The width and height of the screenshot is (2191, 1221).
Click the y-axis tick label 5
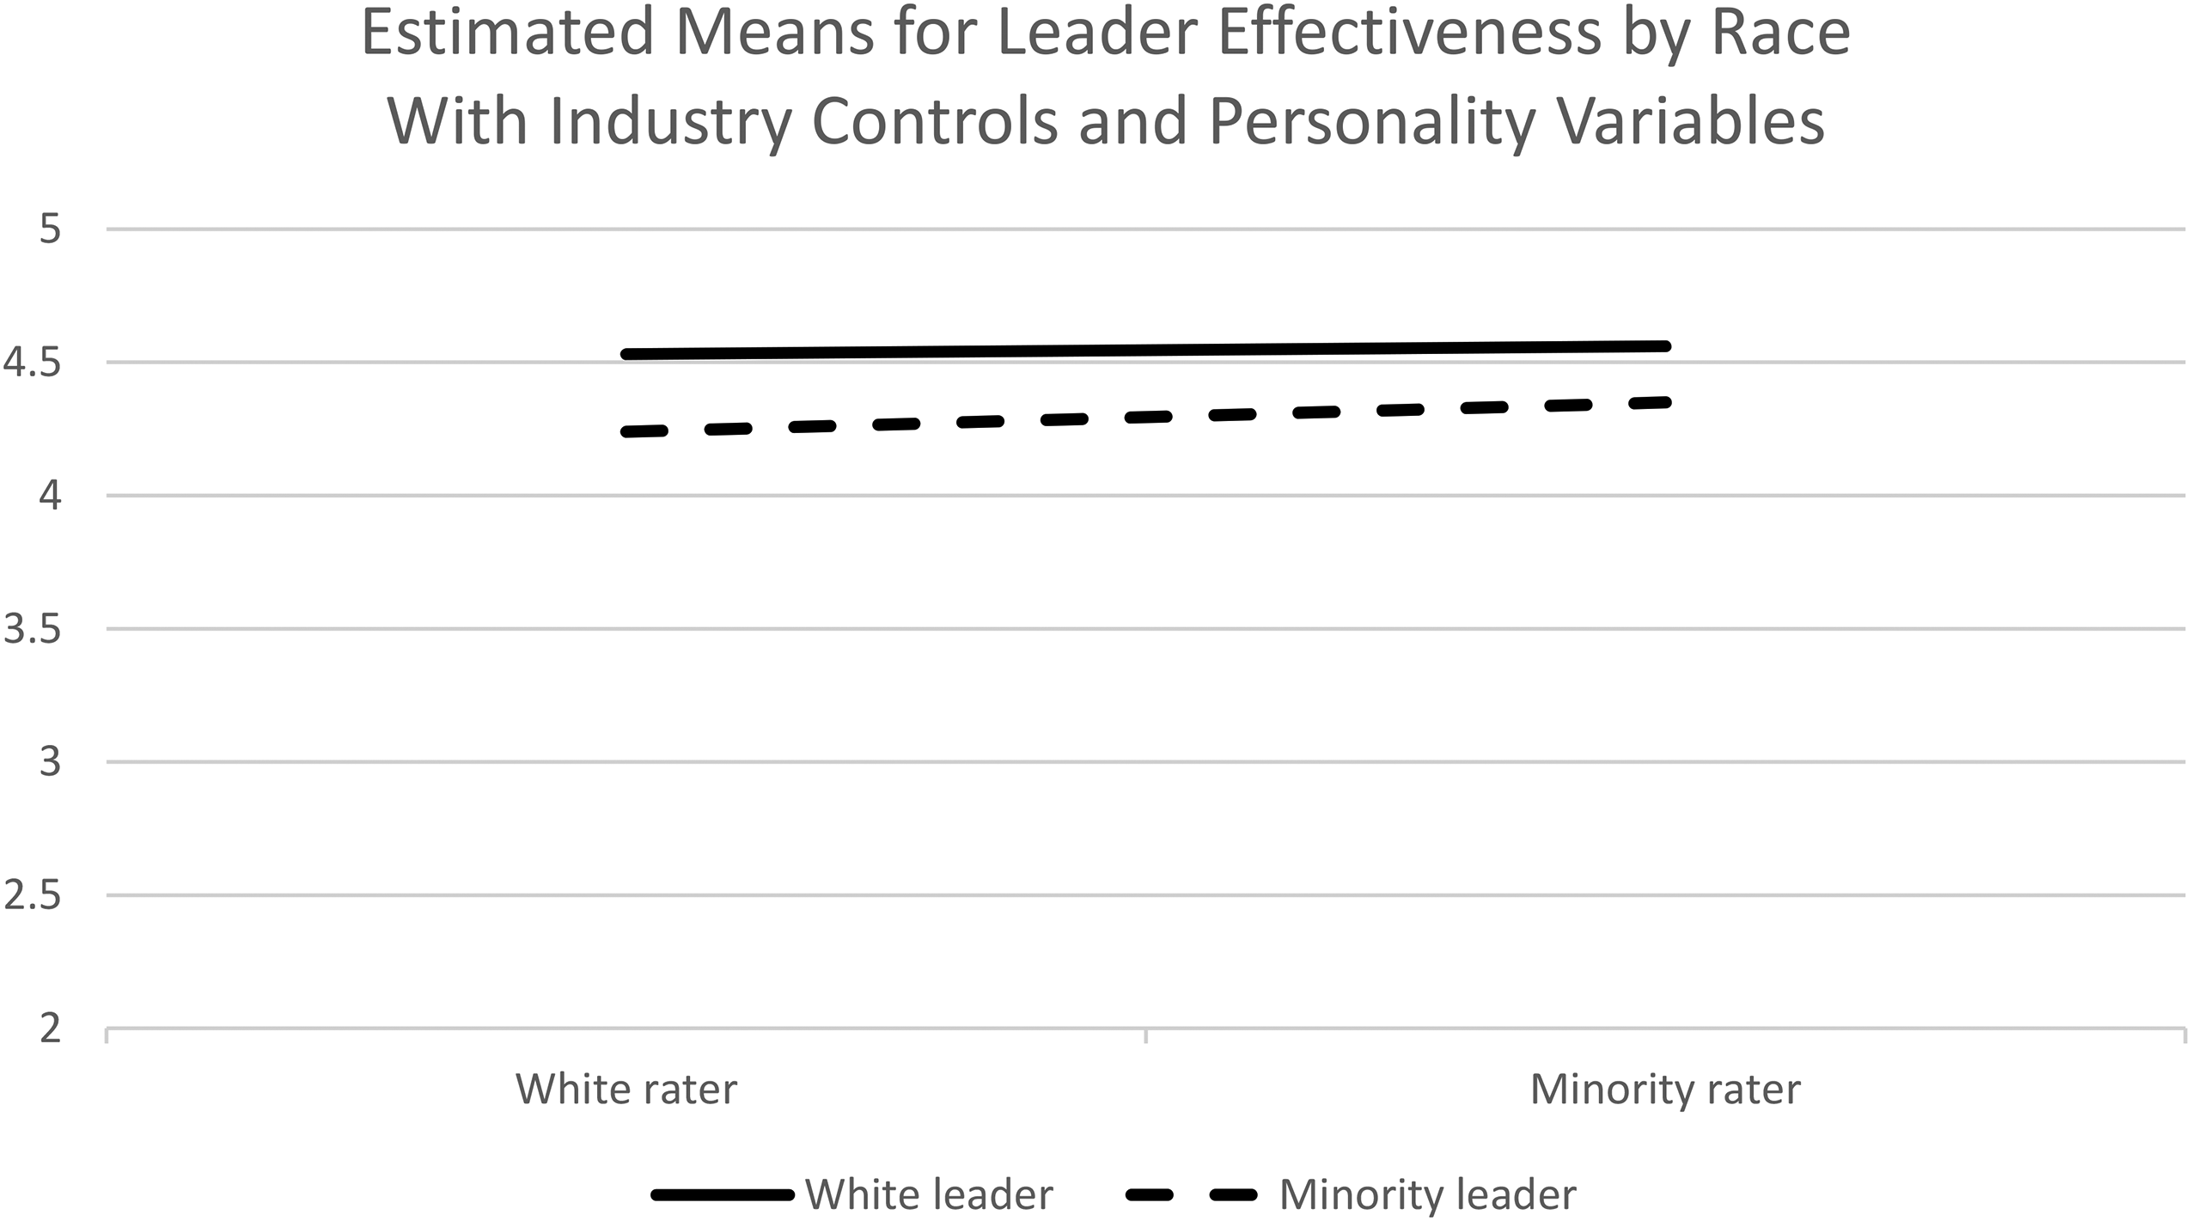coord(50,229)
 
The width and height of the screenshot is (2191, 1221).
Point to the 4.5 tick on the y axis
coord(33,363)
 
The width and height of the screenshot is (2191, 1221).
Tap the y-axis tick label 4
coord(50,497)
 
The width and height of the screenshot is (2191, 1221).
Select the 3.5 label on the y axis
coord(33,630)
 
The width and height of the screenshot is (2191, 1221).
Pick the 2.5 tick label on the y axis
coord(33,896)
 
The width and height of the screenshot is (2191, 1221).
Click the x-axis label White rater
coord(626,1090)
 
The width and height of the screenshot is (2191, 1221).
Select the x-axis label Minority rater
coord(1665,1090)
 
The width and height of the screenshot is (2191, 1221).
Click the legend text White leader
coord(929,1194)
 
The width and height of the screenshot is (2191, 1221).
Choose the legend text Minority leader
coord(1428,1194)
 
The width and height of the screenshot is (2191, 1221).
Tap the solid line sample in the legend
coord(722,1195)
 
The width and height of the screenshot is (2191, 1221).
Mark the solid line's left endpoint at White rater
coord(626,354)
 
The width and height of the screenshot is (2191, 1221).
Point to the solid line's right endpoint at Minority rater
coord(1665,346)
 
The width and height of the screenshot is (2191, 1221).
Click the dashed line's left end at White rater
coord(626,431)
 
